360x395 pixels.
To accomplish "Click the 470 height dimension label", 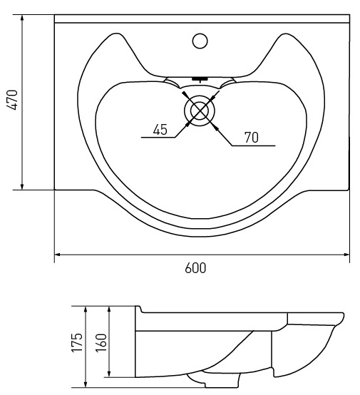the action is click(12, 100).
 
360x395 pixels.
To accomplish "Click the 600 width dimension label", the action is click(195, 268).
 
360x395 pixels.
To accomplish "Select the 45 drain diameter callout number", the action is click(160, 130).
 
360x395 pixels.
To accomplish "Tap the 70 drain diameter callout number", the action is click(252, 138).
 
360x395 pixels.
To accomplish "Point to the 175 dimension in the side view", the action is click(77, 342).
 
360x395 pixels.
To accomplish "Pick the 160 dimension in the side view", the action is click(101, 342).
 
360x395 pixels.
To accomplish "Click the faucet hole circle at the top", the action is click(200, 41).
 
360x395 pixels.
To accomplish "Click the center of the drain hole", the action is click(200, 111).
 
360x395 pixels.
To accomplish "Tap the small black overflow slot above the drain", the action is click(200, 79).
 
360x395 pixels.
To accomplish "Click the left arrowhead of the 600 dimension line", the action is click(57, 255).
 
